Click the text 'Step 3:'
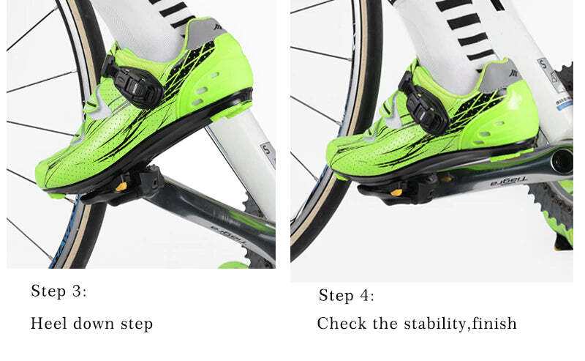pyautogui.click(x=58, y=291)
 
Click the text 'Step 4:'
pyautogui.click(x=346, y=296)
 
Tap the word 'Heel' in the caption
pyautogui.click(x=48, y=323)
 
